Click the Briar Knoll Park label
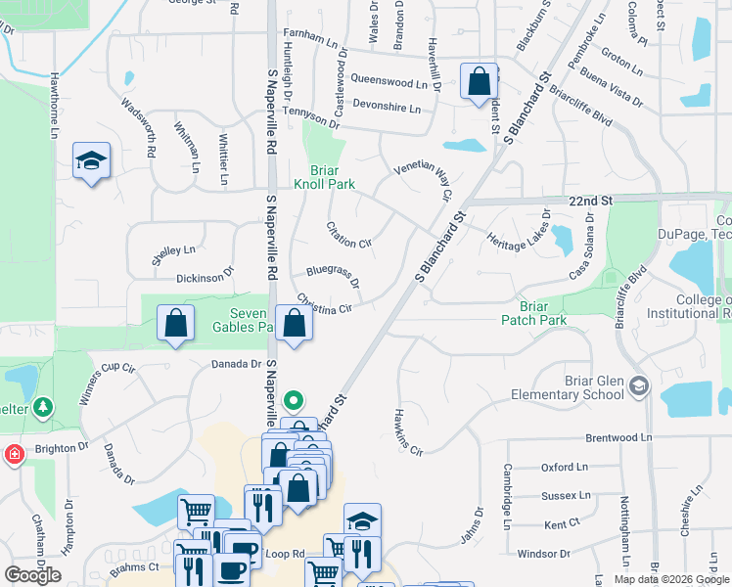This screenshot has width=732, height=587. coord(324,175)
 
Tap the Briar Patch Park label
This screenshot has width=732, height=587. coord(533,312)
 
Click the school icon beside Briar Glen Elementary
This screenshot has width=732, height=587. coord(639,384)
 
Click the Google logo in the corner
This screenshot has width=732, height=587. coord(32,575)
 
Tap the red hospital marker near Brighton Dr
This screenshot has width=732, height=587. coord(15,454)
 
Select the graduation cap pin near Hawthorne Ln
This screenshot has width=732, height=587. coord(91,162)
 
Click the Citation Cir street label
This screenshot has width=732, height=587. coord(349,235)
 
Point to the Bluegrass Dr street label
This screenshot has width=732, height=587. coord(333,276)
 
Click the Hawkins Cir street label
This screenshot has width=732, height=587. coord(408,431)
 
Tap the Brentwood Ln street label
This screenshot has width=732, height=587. coord(618,437)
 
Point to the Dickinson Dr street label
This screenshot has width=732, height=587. coord(206,277)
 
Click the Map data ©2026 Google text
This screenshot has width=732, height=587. coord(672,578)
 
